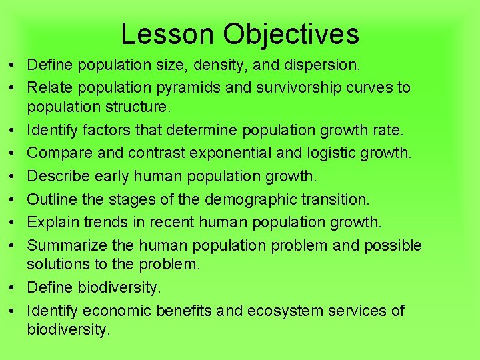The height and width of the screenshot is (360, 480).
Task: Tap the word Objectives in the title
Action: point(291,34)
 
